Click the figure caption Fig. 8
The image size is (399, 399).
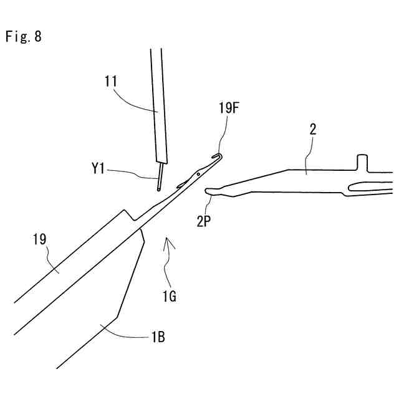[24, 36]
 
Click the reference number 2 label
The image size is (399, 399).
[312, 130]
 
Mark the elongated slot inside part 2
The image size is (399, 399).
[368, 186]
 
